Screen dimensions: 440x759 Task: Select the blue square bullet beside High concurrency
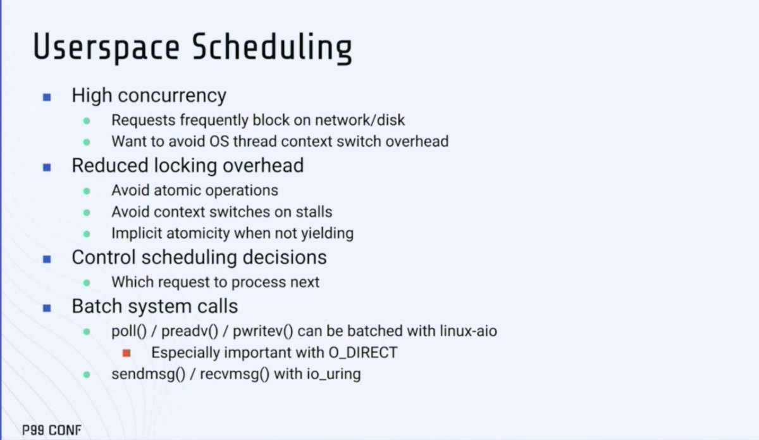click(46, 97)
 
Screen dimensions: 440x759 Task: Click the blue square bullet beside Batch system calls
click(46, 308)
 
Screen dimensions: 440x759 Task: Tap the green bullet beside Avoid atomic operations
click(87, 191)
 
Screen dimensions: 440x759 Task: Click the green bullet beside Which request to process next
click(87, 282)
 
